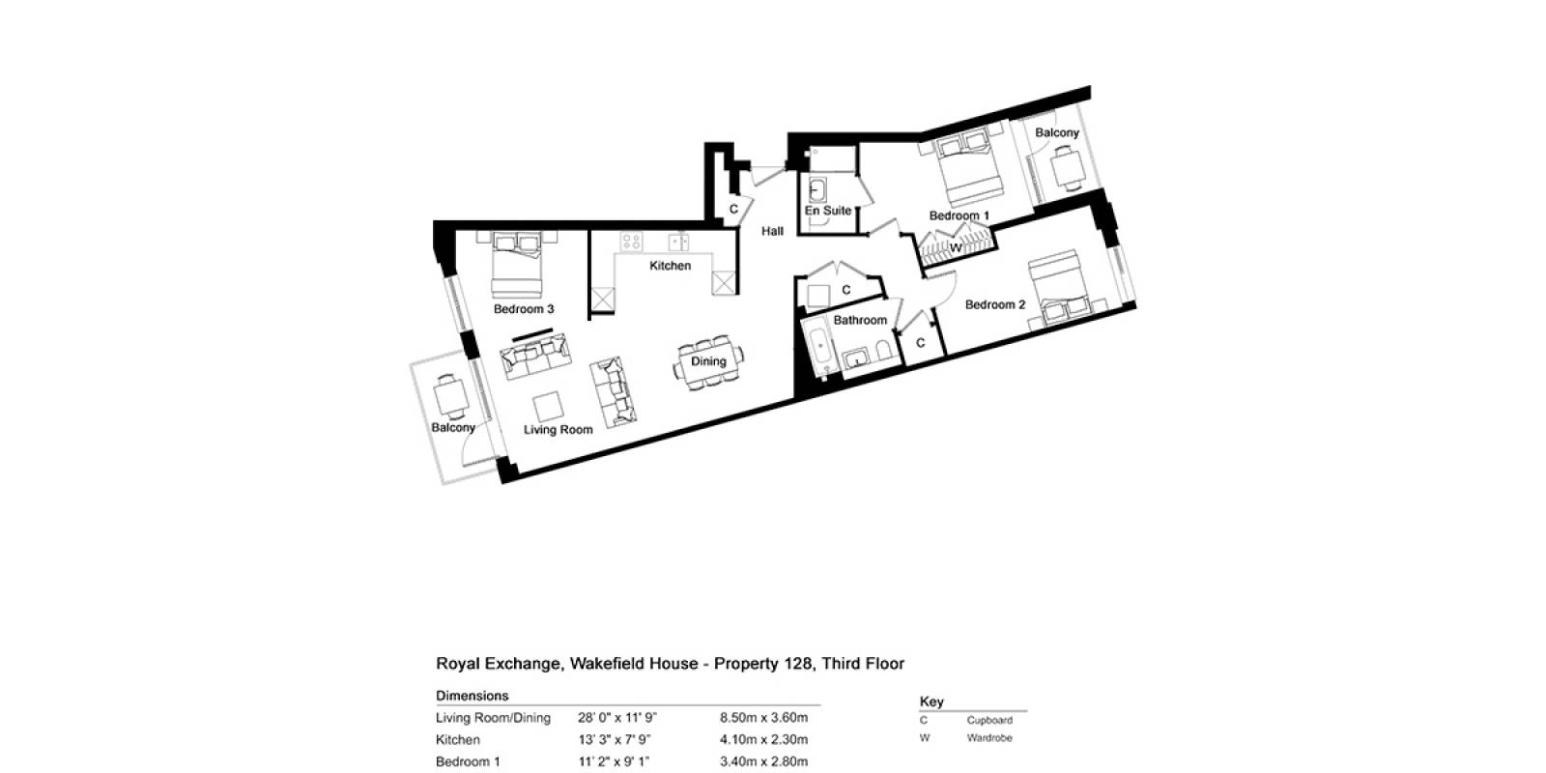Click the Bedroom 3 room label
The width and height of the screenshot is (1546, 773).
pos(523,309)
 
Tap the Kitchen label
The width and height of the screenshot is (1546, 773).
pos(670,266)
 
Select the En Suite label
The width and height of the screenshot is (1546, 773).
pos(827,211)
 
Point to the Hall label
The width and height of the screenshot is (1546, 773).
pos(772,231)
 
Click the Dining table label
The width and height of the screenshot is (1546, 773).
pos(708,361)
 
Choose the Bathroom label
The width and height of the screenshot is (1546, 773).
pos(860,320)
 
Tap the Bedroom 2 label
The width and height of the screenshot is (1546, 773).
pos(994,304)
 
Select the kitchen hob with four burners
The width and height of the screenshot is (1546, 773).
pos(631,242)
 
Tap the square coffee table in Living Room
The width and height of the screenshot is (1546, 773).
pos(548,407)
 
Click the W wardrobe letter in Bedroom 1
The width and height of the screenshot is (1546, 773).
pos(956,247)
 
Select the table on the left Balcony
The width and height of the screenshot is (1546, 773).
pos(450,397)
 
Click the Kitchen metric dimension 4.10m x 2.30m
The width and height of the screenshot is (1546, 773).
pos(763,740)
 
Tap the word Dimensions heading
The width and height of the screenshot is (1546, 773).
pos(472,696)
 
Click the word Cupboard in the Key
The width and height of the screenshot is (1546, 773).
pos(989,721)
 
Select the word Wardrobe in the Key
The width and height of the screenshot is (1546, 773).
pos(989,738)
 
